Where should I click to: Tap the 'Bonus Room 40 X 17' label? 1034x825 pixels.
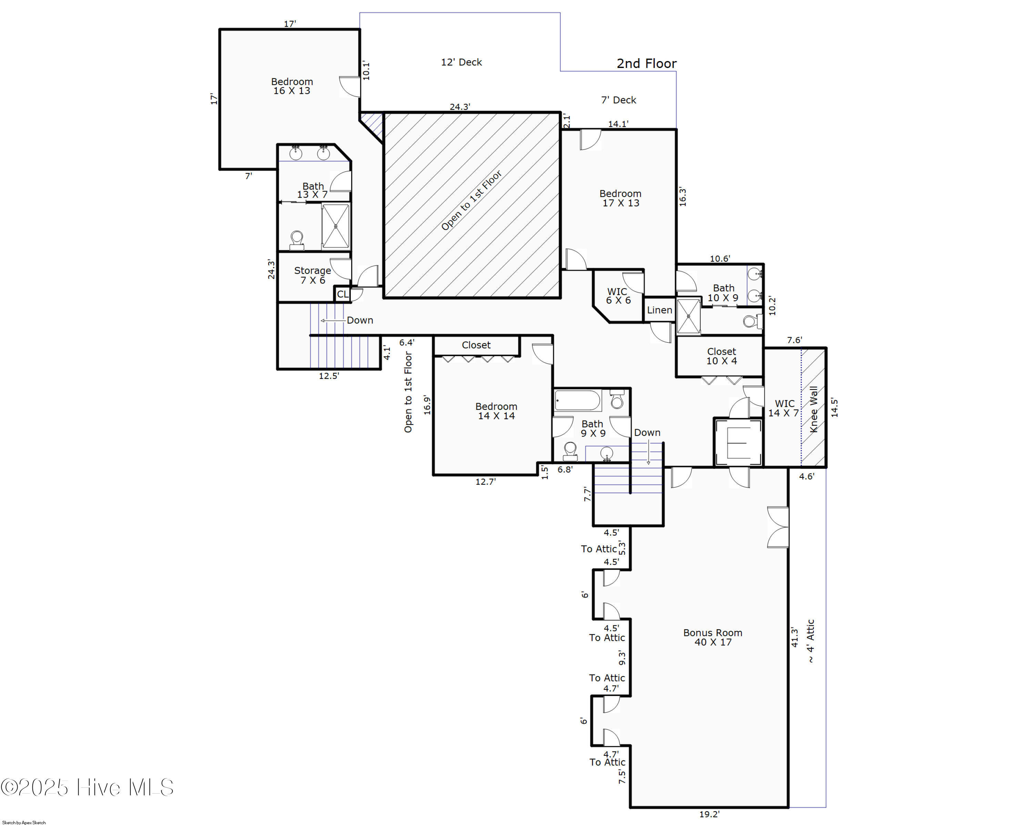pos(713,637)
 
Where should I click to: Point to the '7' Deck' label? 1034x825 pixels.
pos(618,100)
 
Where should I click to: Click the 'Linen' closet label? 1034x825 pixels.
pos(659,310)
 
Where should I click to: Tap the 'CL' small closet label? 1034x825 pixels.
pos(343,294)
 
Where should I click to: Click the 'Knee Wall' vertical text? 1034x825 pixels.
pos(814,409)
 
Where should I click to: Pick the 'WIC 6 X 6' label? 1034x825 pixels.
pos(618,296)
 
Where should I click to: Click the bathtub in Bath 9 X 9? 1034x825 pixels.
pos(577,400)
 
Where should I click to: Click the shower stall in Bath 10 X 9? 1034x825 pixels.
pos(689,316)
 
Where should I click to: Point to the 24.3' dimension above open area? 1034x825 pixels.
pos(459,107)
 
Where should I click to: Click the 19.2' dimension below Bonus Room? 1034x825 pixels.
pos(709,814)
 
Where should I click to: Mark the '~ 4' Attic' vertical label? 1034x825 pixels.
pos(811,641)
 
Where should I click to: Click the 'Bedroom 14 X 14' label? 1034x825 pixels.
pos(496,411)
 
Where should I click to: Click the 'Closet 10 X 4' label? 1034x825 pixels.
pos(721,356)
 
